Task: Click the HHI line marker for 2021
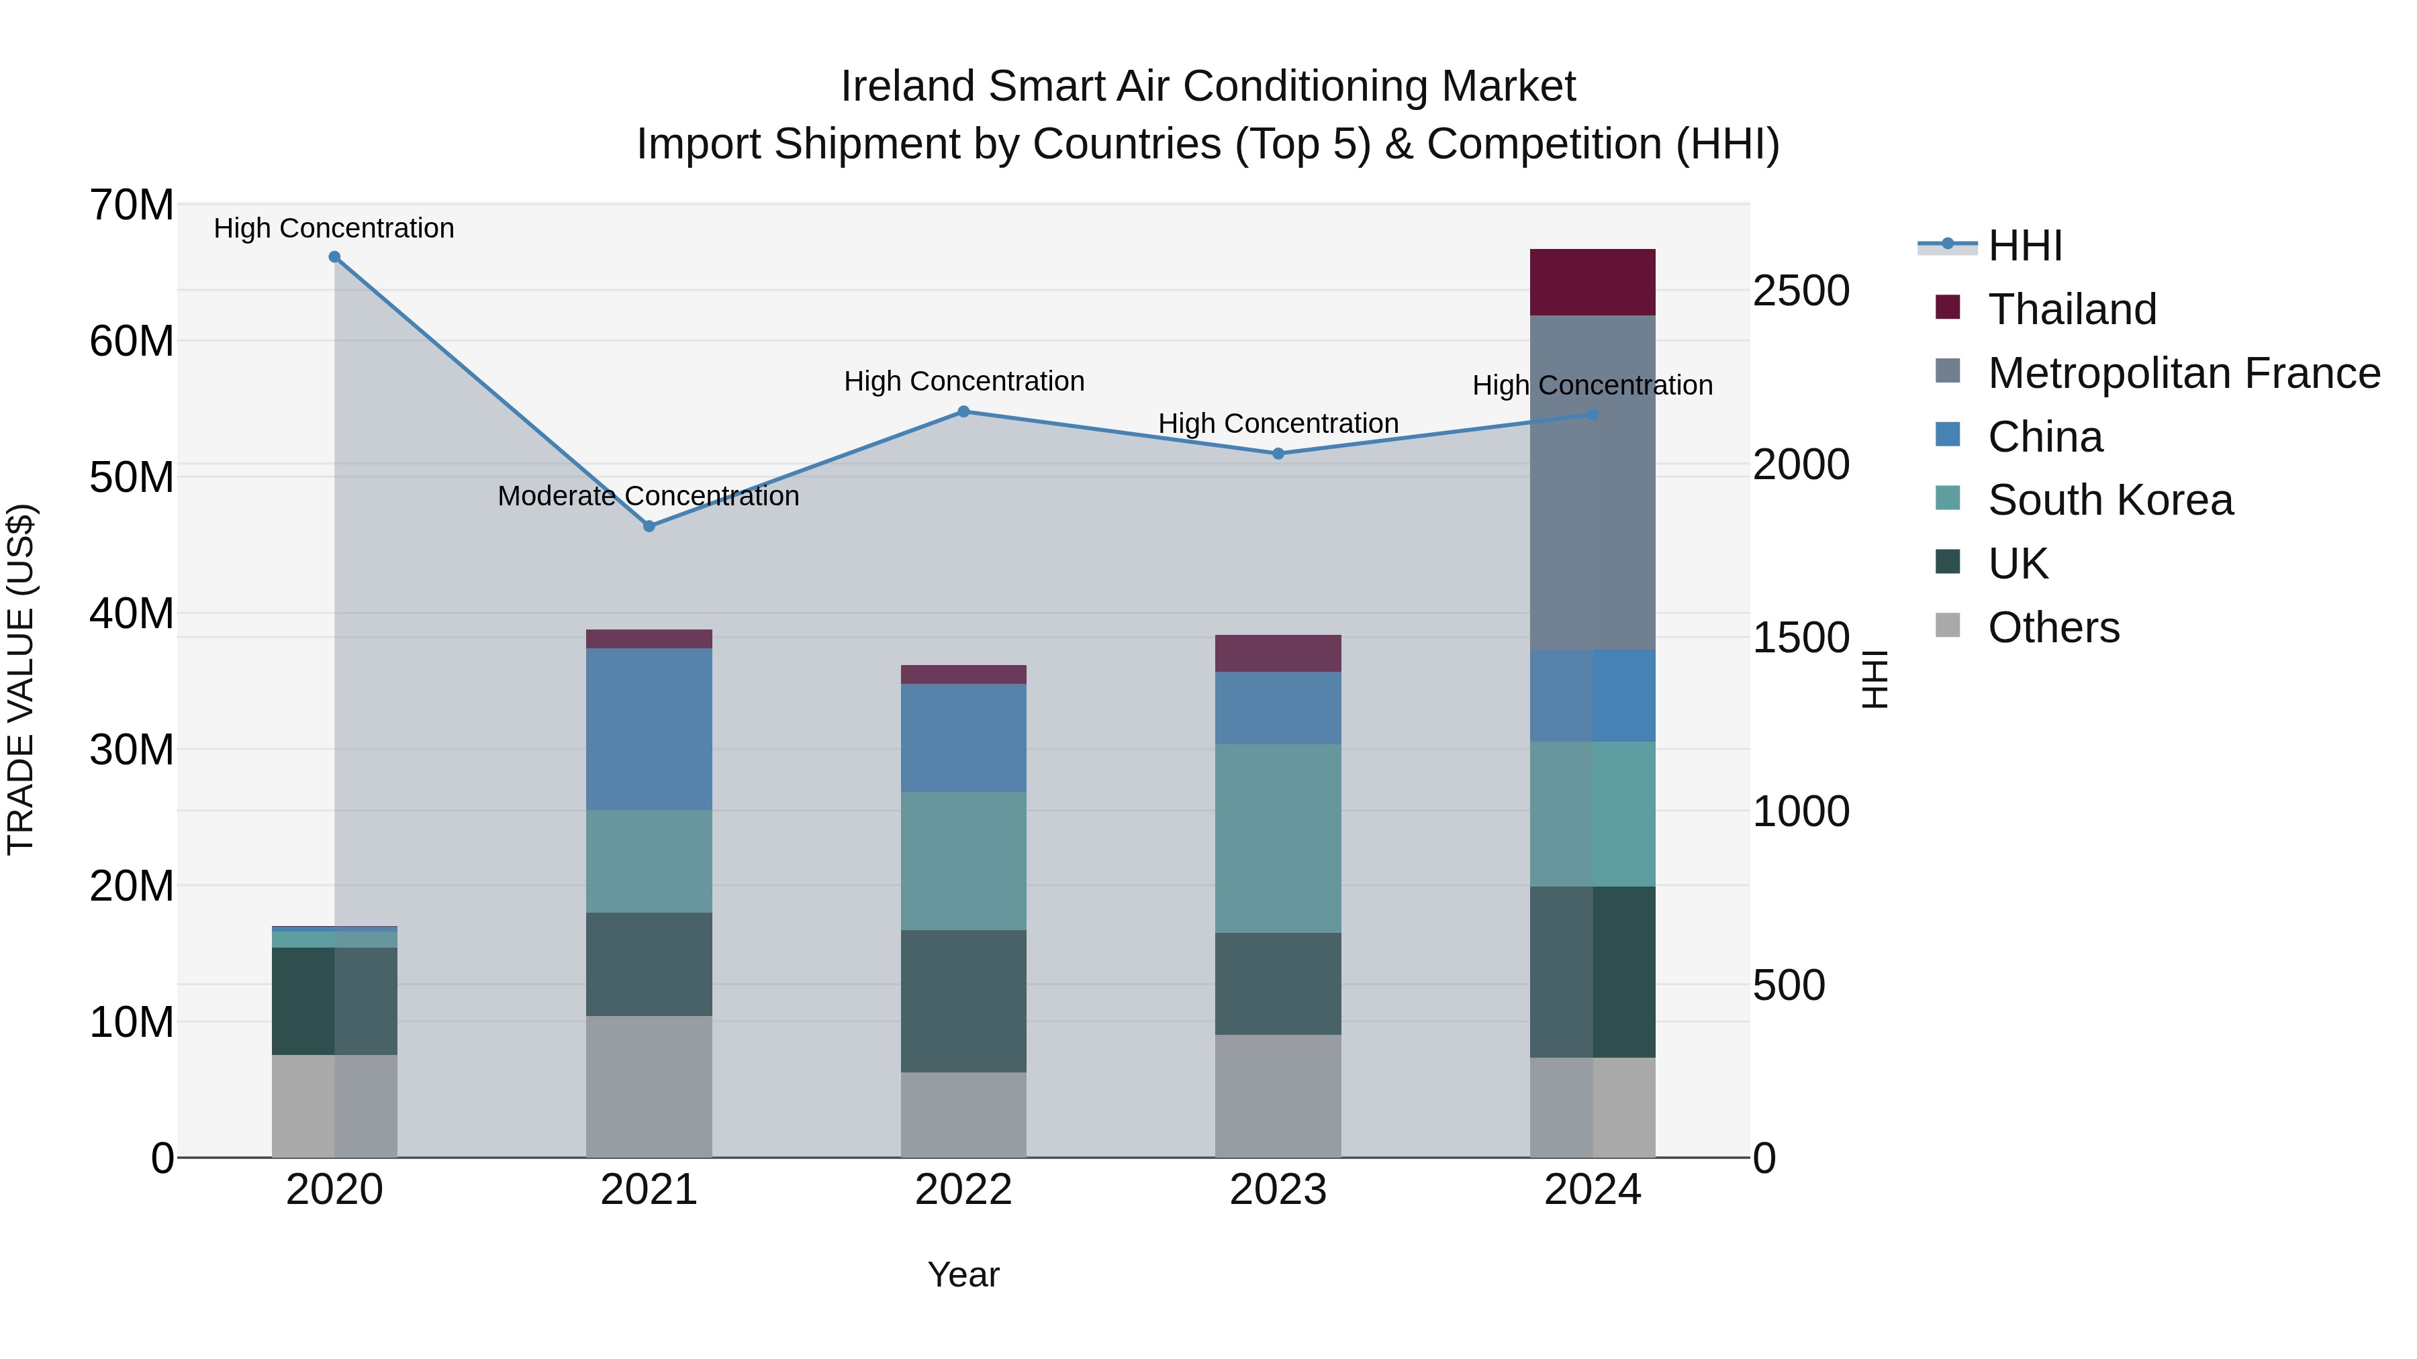pyautogui.click(x=649, y=526)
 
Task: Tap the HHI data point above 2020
pyautogui.click(x=334, y=257)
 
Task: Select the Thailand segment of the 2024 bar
pyautogui.click(x=1593, y=283)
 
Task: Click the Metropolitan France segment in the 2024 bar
pyautogui.click(x=1593, y=483)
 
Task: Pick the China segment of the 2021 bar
pyautogui.click(x=649, y=729)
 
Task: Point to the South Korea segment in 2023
pyautogui.click(x=1278, y=838)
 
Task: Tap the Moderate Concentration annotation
pyautogui.click(x=649, y=496)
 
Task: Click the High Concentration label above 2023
pyautogui.click(x=1278, y=424)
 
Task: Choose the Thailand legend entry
pyautogui.click(x=2072, y=309)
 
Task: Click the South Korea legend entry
pyautogui.click(x=2110, y=500)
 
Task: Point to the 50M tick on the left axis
pyautogui.click(x=132, y=477)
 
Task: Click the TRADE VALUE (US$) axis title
pyautogui.click(x=21, y=680)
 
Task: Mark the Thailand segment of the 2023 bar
pyautogui.click(x=1278, y=653)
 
